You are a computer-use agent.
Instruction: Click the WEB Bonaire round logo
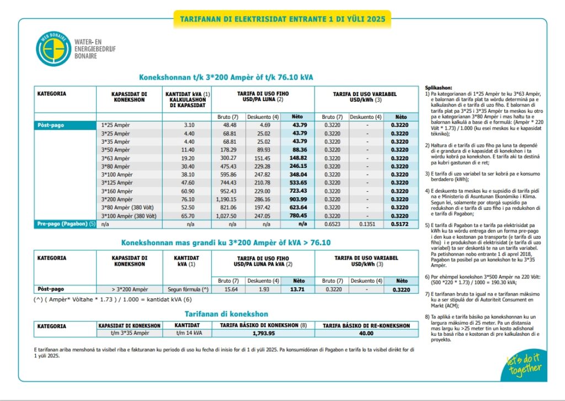(54, 49)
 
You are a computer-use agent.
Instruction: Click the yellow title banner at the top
(282, 19)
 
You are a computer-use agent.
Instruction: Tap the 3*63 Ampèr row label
(116, 157)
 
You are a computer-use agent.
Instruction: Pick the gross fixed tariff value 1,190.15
(226, 199)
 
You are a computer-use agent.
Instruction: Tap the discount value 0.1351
(366, 224)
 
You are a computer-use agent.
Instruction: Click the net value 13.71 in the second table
(297, 289)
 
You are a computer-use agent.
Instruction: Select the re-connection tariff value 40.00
(366, 333)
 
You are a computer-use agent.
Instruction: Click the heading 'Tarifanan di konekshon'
(226, 314)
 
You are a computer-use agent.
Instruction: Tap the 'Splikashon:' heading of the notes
(439, 88)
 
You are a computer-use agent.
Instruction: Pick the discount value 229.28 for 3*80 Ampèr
(258, 166)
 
